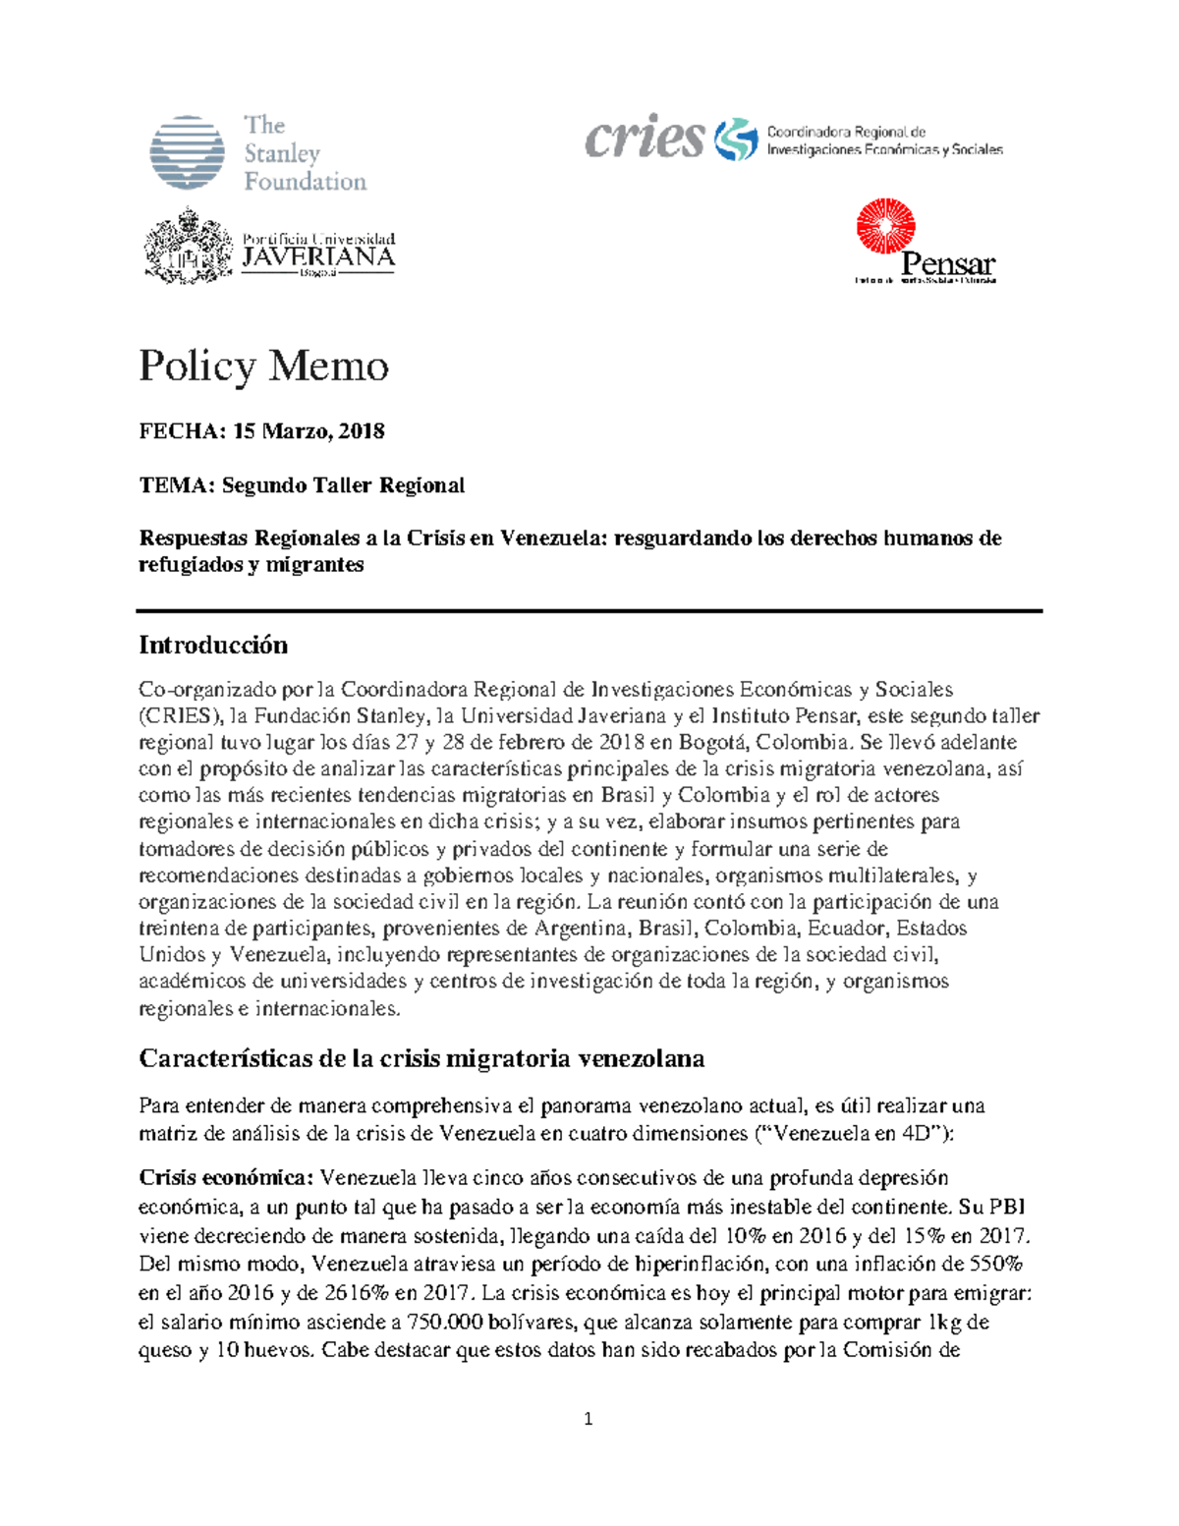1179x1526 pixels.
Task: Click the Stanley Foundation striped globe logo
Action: pyautogui.click(x=187, y=152)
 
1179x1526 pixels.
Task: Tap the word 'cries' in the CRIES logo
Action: pyautogui.click(x=645, y=138)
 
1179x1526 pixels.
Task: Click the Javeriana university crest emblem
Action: pyautogui.click(x=189, y=246)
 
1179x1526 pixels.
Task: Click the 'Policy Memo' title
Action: pyautogui.click(x=263, y=366)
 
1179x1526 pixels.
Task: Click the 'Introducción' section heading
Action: pyautogui.click(x=213, y=645)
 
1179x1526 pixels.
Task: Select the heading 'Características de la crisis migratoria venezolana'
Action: pyautogui.click(x=421, y=1058)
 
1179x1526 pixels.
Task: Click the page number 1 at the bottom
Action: pyautogui.click(x=589, y=1419)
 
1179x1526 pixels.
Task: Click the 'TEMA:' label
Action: pyautogui.click(x=176, y=485)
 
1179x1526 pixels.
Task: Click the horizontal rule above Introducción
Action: pyautogui.click(x=589, y=611)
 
